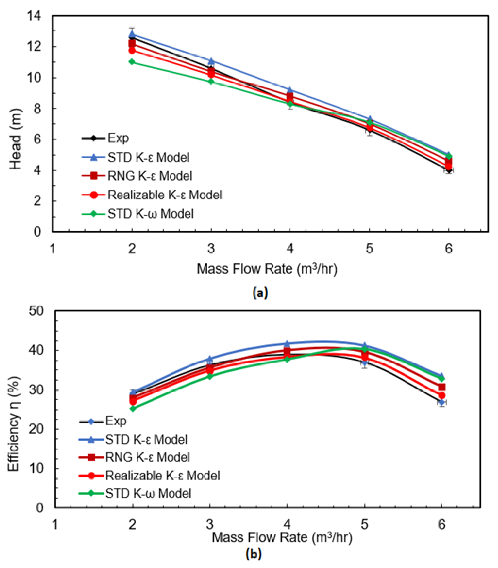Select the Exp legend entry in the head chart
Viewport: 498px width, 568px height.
pos(118,138)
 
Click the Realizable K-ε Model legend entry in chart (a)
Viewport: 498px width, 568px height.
pos(165,195)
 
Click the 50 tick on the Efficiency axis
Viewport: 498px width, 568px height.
pos(36,311)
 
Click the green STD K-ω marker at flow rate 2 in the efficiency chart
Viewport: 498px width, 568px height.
pos(133,408)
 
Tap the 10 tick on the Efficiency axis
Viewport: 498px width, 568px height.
pos(36,468)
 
